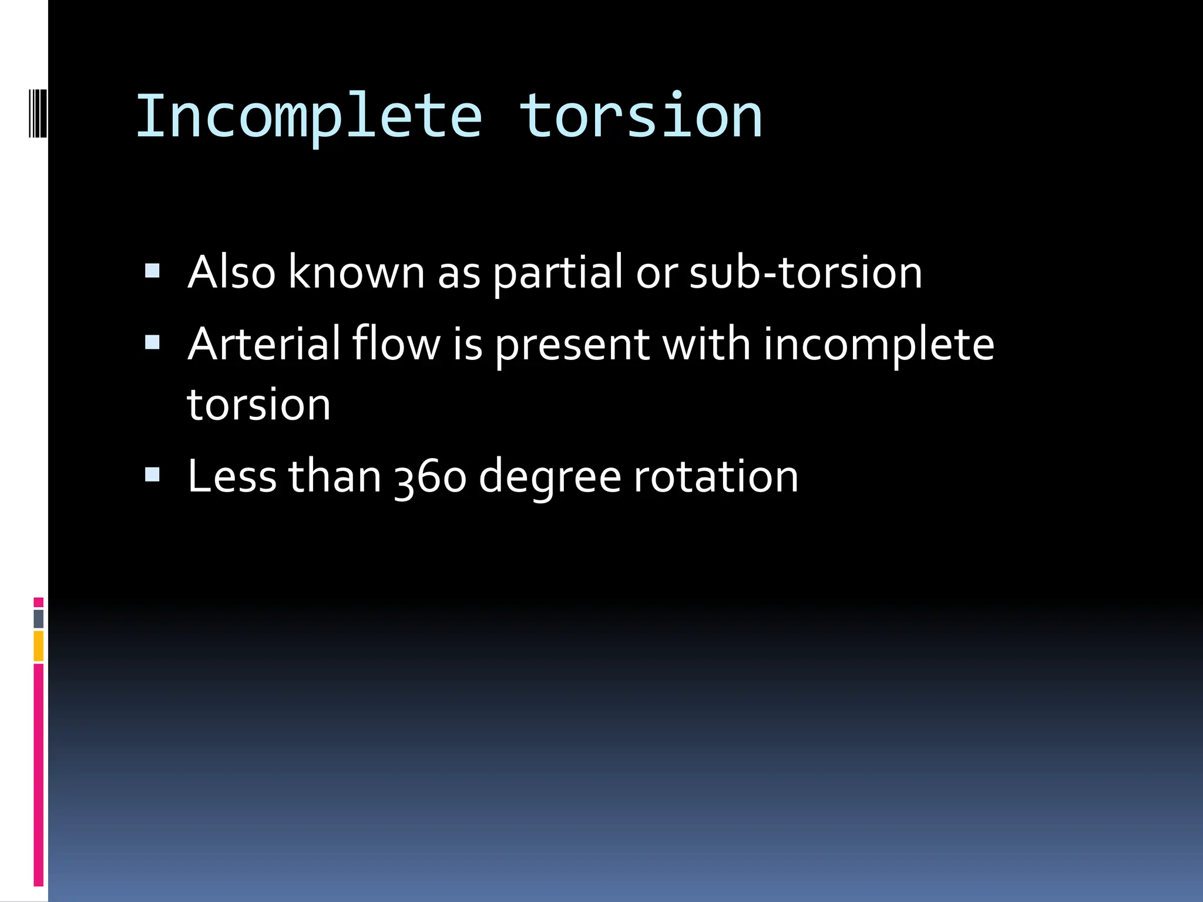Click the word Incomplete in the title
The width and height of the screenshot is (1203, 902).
309,117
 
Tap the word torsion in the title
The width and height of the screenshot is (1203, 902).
641,117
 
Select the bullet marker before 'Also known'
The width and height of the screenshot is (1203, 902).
153,271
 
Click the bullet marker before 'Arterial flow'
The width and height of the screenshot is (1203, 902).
153,342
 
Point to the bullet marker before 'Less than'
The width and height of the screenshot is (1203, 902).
153,474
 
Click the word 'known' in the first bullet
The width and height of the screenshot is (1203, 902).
357,272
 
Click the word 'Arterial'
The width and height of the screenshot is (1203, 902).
264,344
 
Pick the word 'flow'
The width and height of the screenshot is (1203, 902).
396,344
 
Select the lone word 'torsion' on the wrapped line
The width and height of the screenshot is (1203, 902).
259,405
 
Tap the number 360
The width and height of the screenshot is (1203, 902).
431,477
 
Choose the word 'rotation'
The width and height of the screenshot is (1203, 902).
715,477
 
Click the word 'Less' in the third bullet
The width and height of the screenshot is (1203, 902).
232,476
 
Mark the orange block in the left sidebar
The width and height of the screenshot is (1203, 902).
39,646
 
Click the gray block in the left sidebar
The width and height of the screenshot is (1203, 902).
39,618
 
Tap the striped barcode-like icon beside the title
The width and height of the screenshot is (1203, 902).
38,113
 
